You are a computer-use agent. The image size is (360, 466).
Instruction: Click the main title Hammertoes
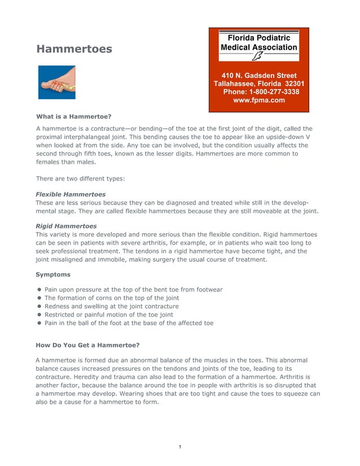(x=74, y=49)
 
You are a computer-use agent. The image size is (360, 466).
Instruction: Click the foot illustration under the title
(x=56, y=82)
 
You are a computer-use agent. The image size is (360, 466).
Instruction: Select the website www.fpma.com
(x=259, y=100)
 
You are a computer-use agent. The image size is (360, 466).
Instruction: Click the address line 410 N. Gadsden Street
(x=259, y=75)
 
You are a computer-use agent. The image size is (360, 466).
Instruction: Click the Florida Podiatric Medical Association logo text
(x=259, y=42)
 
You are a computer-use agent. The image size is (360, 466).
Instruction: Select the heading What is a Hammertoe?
(x=73, y=117)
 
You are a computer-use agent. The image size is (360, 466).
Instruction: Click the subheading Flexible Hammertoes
(x=70, y=194)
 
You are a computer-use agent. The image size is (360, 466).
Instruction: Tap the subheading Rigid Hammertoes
(x=65, y=226)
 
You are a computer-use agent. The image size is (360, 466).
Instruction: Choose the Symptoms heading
(x=53, y=274)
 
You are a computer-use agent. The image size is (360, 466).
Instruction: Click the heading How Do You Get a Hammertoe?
(x=87, y=344)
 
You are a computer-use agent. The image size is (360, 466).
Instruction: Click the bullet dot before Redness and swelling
(x=40, y=306)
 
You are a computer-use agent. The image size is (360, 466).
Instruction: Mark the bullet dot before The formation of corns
(x=40, y=298)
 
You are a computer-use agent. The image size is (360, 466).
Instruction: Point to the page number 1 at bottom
(x=179, y=447)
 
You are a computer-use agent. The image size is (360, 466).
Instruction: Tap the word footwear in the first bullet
(x=208, y=289)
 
